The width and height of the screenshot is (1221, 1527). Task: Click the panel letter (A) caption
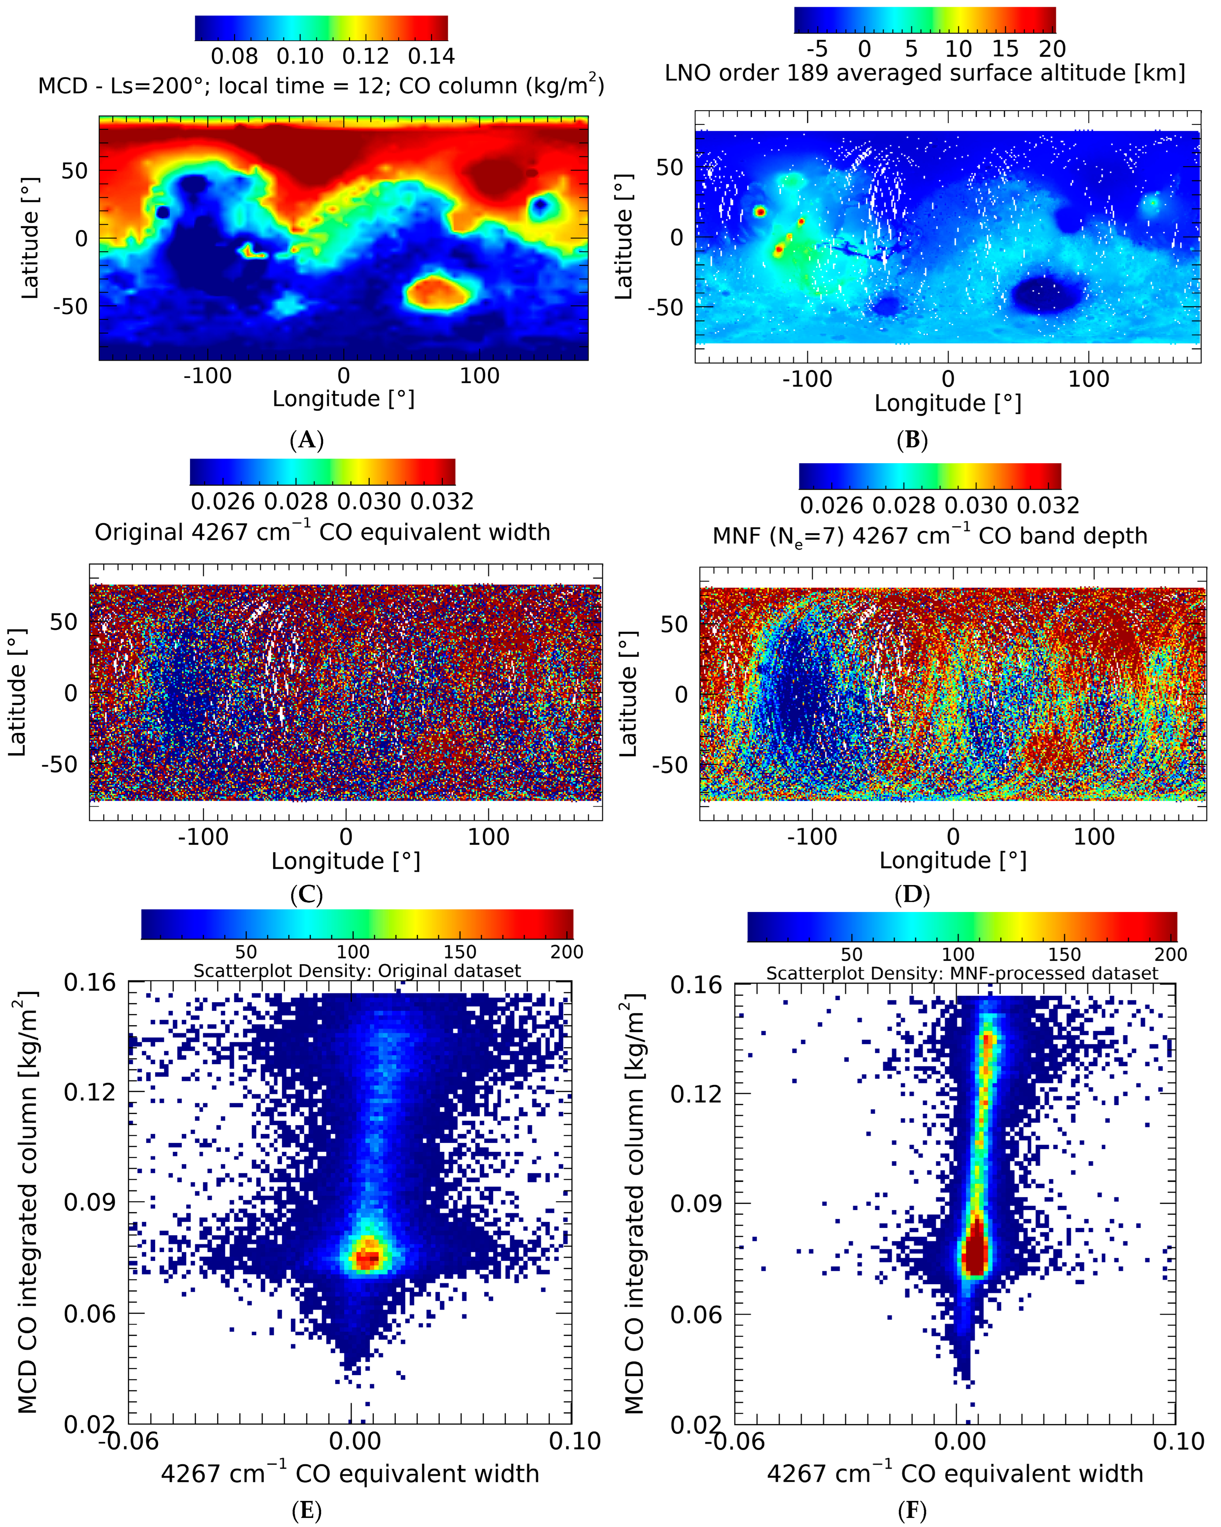click(x=307, y=440)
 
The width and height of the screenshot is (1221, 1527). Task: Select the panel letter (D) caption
click(x=912, y=895)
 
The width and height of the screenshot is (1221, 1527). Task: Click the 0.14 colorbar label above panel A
click(x=431, y=56)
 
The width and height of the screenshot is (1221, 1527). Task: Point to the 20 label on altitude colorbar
click(x=1053, y=49)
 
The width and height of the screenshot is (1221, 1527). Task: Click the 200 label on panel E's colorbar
click(x=567, y=952)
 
